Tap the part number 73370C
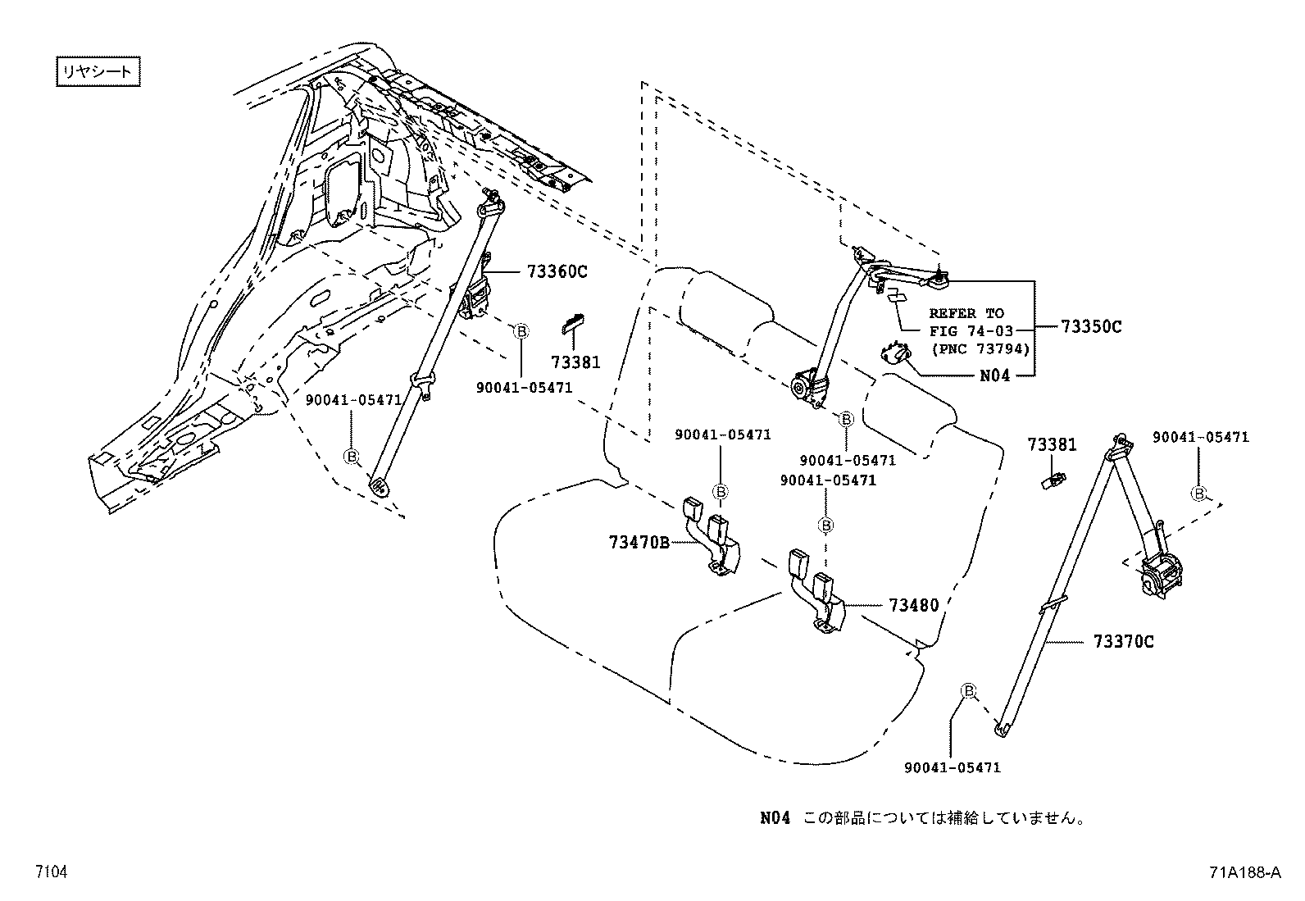point(1122,641)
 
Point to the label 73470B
point(639,542)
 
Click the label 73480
point(913,605)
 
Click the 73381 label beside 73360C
point(575,362)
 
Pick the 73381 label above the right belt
point(1052,444)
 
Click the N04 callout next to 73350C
point(995,375)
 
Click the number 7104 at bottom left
point(50,872)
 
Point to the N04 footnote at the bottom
point(922,817)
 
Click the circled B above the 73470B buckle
point(721,491)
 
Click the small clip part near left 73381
point(573,324)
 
